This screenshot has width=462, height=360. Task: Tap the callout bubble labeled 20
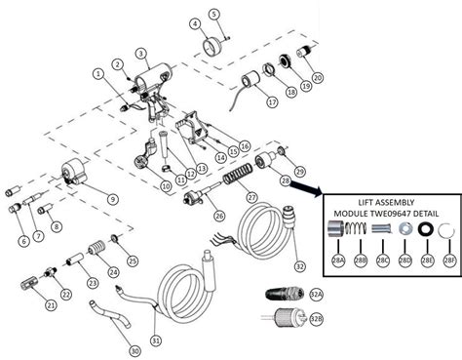[x=317, y=77]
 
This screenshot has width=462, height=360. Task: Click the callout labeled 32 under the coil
[x=299, y=266]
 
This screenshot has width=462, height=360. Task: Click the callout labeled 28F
[x=447, y=260]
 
